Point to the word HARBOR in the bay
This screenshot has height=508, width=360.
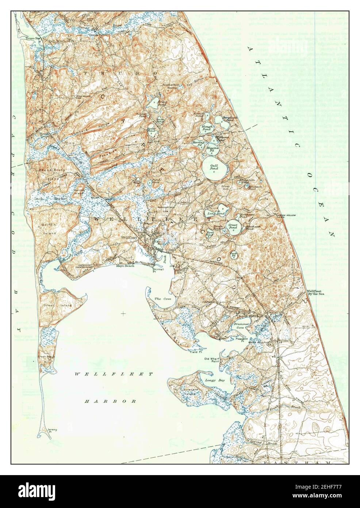click(x=111, y=401)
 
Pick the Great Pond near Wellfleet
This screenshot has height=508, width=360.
click(x=233, y=228)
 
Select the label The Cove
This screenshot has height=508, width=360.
click(x=162, y=299)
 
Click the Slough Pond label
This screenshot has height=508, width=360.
click(x=207, y=128)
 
